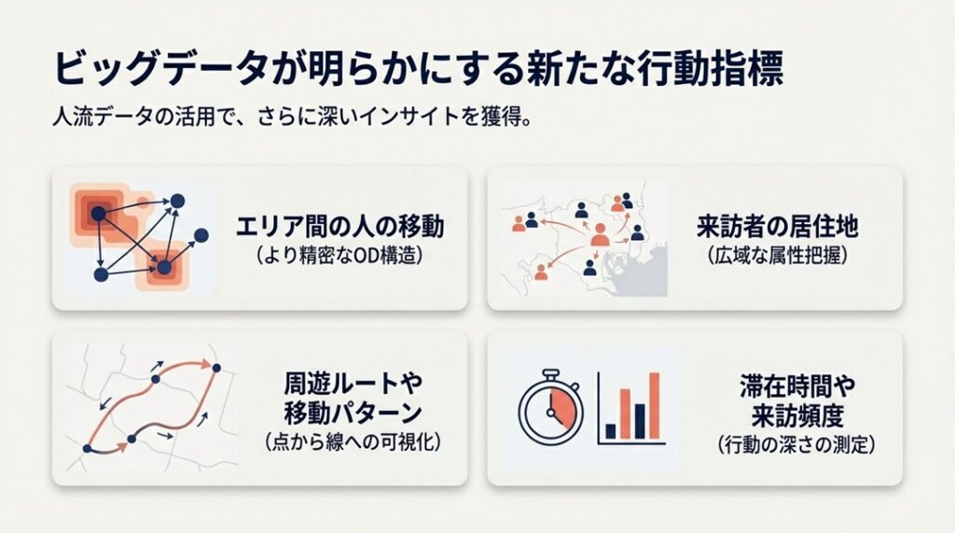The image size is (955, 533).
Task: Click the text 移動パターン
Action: (352, 412)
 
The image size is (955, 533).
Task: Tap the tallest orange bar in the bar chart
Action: (654, 405)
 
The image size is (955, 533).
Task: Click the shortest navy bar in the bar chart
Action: (611, 430)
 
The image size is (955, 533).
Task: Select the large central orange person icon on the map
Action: (600, 234)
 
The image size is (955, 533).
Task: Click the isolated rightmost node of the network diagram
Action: (200, 233)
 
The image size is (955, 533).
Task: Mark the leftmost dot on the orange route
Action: (87, 449)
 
